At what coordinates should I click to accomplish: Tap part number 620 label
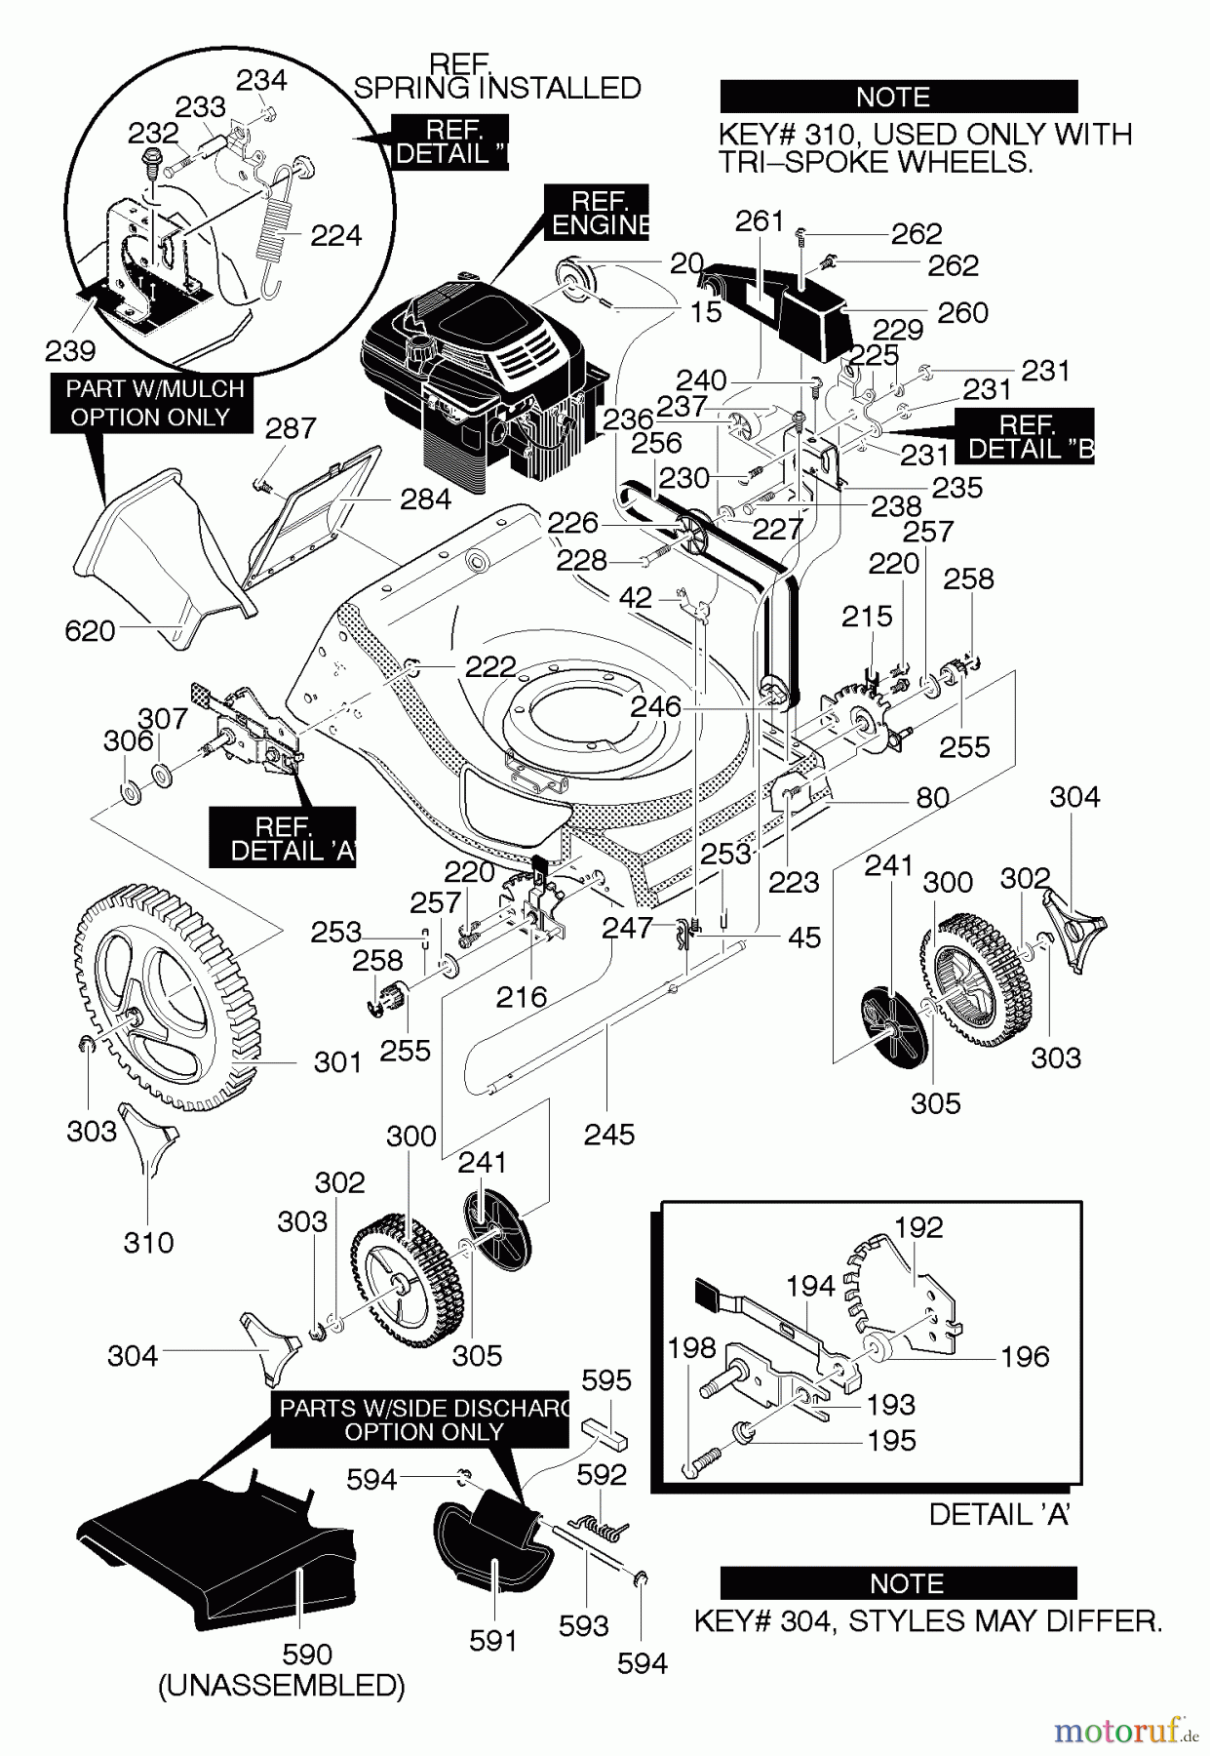[x=90, y=631]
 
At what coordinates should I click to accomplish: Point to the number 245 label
[x=609, y=1134]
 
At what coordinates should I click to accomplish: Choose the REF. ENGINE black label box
[x=598, y=213]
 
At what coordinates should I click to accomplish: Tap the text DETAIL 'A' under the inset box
[x=999, y=1514]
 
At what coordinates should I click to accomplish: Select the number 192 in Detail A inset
[x=918, y=1226]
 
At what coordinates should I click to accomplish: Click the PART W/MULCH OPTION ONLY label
[x=154, y=403]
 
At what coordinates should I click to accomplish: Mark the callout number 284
[x=426, y=499]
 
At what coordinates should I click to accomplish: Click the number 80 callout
[x=932, y=797]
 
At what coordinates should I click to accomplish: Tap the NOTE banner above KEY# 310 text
[x=898, y=98]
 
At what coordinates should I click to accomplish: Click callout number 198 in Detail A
[x=692, y=1349]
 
